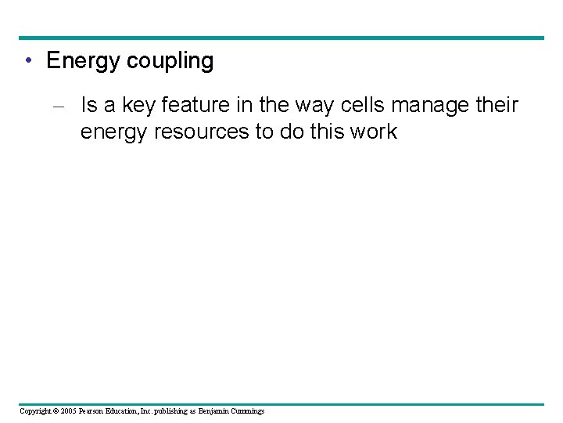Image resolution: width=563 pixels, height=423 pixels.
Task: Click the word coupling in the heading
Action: (x=170, y=62)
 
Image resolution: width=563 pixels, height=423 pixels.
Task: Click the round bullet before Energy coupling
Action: (x=28, y=61)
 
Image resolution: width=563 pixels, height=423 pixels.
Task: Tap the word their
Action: (x=497, y=105)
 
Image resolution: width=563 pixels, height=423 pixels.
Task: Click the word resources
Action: (x=205, y=132)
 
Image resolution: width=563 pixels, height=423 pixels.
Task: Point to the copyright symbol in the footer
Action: (x=57, y=410)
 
